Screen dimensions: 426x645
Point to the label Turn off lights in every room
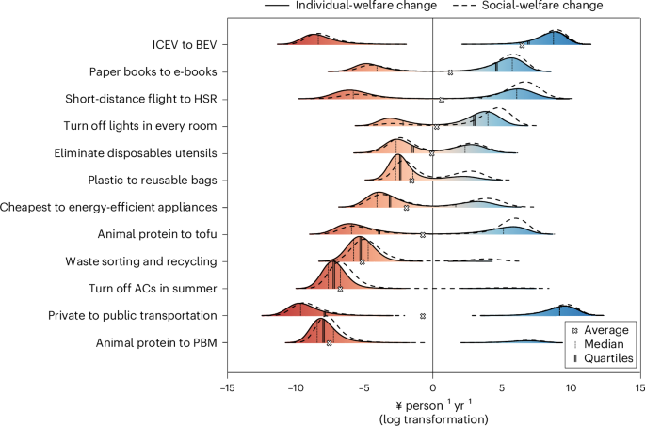pyautogui.click(x=142, y=125)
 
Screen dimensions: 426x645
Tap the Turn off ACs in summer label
pyautogui.click(x=153, y=288)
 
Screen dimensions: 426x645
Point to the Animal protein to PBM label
pyautogui.click(x=156, y=342)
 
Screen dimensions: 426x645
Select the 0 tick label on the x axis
pyautogui.click(x=432, y=386)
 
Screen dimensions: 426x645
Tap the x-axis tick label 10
pyautogui.click(x=571, y=386)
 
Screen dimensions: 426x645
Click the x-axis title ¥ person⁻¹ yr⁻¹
pyautogui.click(x=432, y=402)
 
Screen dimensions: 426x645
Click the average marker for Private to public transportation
pyautogui.click(x=423, y=316)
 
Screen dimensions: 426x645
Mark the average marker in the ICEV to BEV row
pyautogui.click(x=523, y=45)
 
